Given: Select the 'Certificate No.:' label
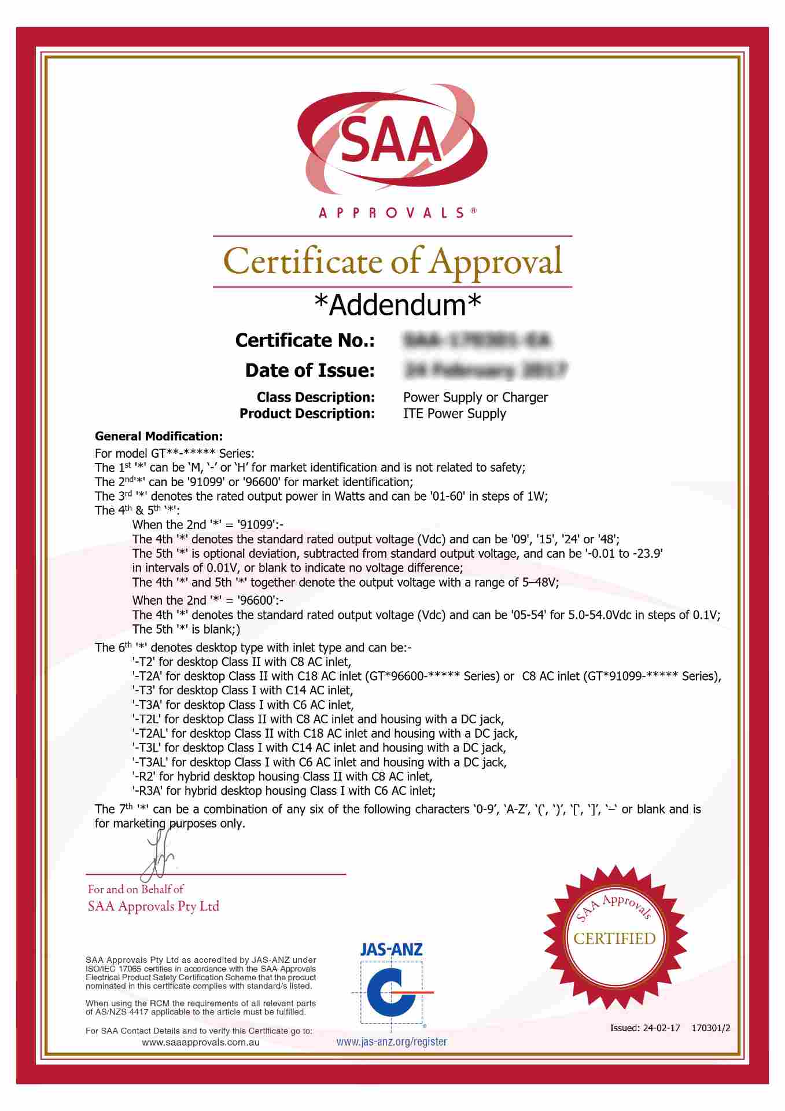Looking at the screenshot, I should pos(305,340).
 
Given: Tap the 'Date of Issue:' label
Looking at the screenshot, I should pos(309,370).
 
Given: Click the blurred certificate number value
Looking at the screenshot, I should pos(477,340).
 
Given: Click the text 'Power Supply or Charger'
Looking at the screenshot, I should pos(475,398).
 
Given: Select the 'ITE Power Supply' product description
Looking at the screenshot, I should pos(454,414).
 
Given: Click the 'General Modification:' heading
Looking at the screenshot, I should pos(159,436).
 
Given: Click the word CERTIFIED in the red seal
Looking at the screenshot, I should pos(614,938).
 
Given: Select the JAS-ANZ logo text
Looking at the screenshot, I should pos(391,949).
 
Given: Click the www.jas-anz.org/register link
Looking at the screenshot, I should pos(392,1042).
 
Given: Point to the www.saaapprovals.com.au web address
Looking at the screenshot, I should pos(200,1042).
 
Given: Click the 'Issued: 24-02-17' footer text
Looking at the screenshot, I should pos(645,1028).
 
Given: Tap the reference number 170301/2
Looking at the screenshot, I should pos(711,1028).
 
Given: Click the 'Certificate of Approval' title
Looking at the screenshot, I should pos(392,262).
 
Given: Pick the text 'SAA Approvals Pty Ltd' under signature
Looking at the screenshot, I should pos(153,906).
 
